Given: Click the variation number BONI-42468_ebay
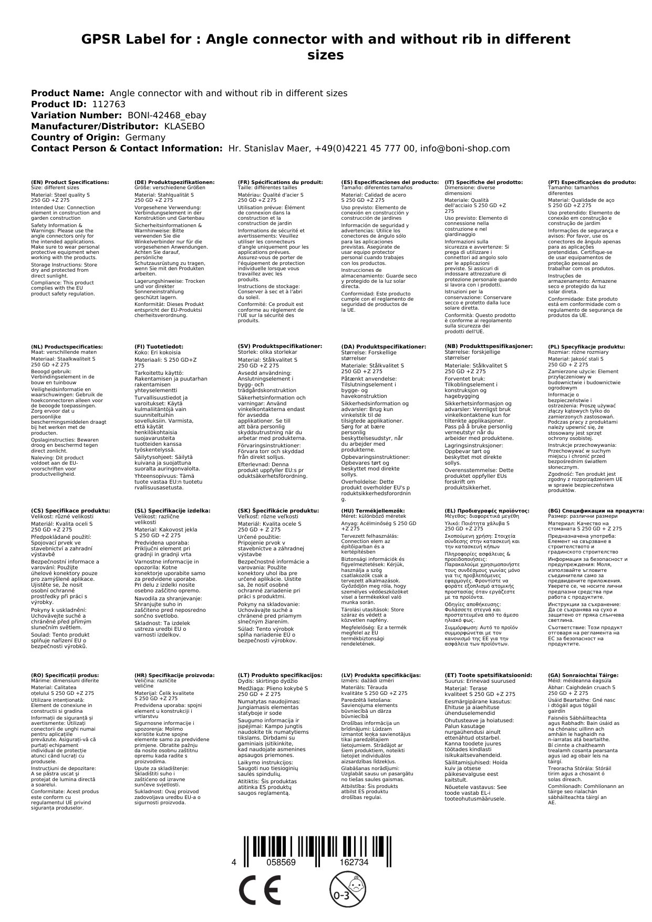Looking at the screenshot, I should [x=167, y=115].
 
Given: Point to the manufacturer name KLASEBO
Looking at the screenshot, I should [x=184, y=126].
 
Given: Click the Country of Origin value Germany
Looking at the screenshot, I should [x=145, y=137].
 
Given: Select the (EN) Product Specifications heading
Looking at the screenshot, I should [x=70, y=182].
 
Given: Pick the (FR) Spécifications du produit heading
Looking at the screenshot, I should [x=281, y=182].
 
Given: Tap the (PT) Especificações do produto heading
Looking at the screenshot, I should [x=592, y=182].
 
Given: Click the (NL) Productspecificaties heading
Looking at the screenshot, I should [x=67, y=346].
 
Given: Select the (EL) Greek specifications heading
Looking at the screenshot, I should [x=487, y=510].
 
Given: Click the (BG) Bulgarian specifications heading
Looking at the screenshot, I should [x=596, y=510].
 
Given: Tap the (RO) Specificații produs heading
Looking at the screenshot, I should [x=65, y=675].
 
